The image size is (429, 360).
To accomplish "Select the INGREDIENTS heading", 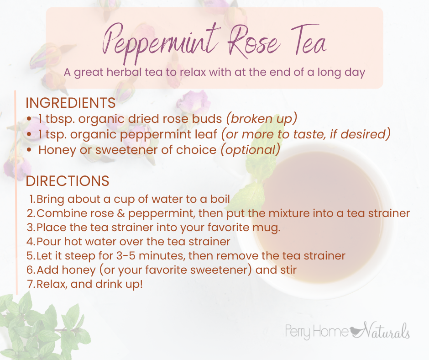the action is [71, 103].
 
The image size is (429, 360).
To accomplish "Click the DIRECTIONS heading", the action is [68, 181].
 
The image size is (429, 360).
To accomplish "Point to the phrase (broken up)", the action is [262, 119].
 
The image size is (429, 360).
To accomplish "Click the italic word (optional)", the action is [251, 150].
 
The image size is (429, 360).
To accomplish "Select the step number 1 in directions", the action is [32, 199].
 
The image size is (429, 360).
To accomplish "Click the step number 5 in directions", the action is [31, 256].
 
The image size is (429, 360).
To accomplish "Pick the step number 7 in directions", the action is [31, 284].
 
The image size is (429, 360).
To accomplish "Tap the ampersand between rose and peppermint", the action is [121, 213].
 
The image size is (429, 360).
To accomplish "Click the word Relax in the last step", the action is [52, 284].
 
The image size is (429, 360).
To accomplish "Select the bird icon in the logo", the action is [356, 332].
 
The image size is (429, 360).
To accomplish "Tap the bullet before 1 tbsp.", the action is [29, 119].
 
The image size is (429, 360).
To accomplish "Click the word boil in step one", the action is [220, 199].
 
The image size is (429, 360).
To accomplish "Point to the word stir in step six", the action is [288, 270].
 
